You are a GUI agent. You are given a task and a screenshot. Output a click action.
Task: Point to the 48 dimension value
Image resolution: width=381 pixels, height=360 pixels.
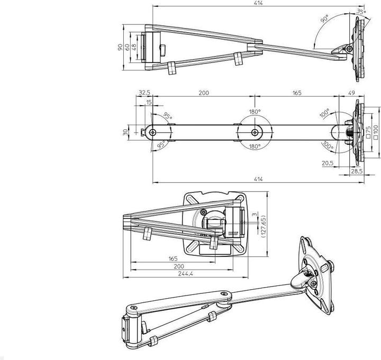135,47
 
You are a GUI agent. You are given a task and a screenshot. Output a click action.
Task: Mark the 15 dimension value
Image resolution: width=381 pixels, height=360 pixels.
150,102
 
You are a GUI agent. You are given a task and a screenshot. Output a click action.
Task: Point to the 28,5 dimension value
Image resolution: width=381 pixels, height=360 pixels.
358,172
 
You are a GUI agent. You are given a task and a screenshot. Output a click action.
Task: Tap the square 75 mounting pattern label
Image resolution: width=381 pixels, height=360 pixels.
368,132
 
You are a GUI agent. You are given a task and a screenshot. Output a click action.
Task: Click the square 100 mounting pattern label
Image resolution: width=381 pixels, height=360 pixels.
375,132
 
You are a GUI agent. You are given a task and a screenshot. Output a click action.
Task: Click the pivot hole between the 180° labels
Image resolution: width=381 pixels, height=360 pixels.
255,132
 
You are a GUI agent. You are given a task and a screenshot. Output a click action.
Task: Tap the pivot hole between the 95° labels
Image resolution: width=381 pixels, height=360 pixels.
153,132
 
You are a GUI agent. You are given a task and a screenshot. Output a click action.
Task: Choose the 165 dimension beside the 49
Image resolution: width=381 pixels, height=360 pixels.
296,93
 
